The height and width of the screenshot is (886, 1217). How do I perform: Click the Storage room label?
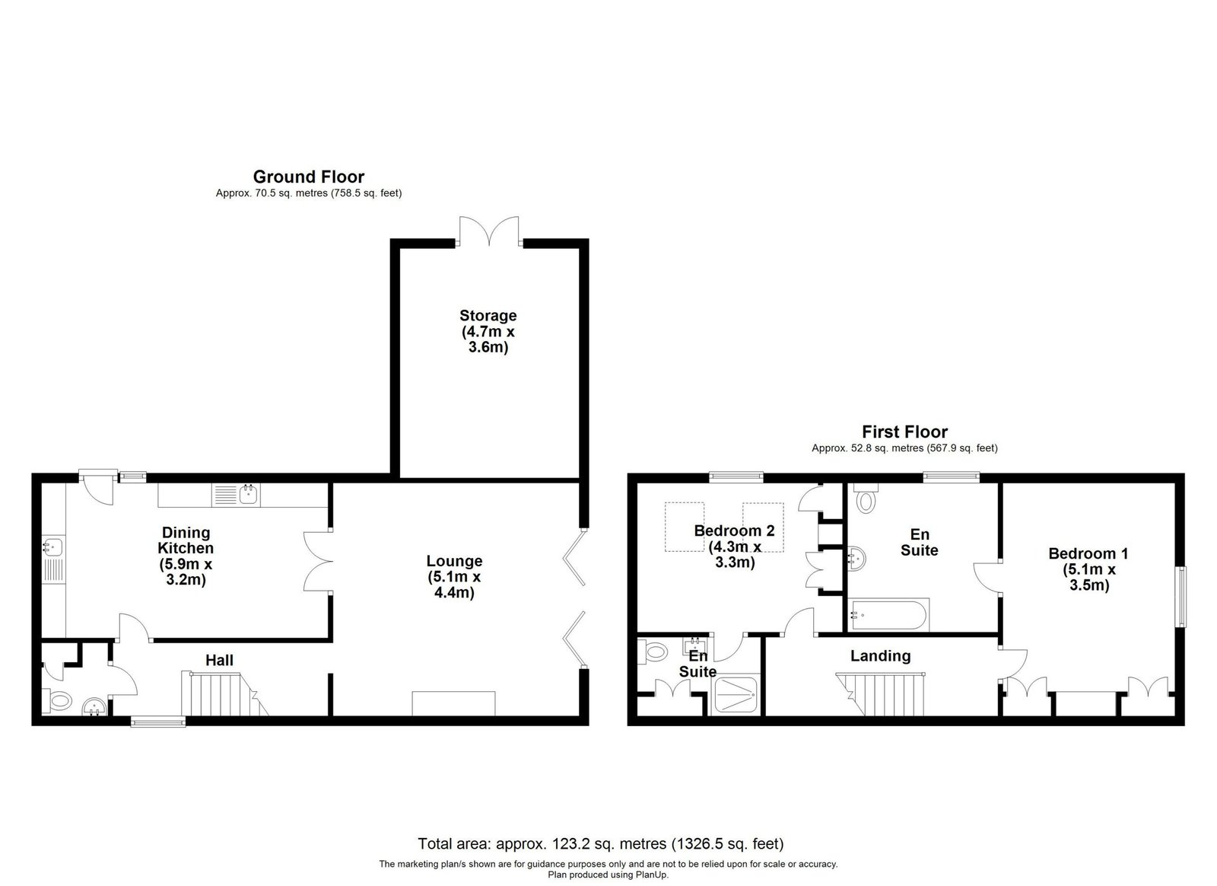(488, 331)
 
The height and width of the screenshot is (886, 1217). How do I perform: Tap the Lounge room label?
(454, 576)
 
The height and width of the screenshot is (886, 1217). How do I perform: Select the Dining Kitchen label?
(186, 556)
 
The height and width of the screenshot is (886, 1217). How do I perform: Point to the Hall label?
(220, 661)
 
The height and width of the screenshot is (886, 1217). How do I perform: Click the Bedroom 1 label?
(1088, 569)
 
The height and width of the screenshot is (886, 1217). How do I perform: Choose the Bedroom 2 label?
(735, 547)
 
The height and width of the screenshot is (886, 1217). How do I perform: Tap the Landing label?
(881, 656)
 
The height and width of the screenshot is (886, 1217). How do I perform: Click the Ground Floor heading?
(309, 177)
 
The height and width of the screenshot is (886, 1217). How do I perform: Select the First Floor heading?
(904, 432)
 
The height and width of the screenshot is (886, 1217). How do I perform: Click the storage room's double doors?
(489, 231)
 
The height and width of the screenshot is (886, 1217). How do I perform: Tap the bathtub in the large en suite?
(889, 615)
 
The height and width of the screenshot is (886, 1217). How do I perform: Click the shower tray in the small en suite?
(735, 695)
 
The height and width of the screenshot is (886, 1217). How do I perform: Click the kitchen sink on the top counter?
(237, 496)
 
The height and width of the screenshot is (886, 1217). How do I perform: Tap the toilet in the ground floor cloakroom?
(56, 700)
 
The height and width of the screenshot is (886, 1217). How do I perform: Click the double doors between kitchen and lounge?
(317, 561)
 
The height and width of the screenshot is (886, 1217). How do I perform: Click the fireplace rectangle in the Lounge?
(453, 704)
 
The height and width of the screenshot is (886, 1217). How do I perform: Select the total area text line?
(601, 843)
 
